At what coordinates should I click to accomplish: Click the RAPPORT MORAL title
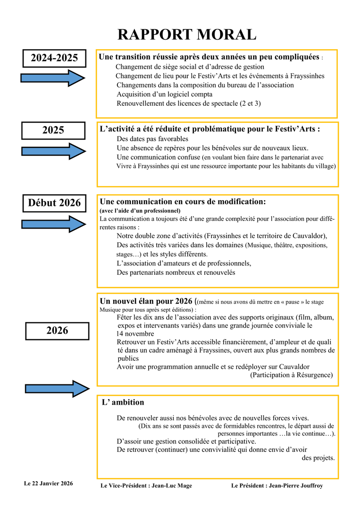(186, 34)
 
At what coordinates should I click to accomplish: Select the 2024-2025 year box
(54, 58)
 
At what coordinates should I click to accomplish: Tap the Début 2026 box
(54, 203)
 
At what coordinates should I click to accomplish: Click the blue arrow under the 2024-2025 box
(52, 78)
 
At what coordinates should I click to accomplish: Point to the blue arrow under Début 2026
(52, 223)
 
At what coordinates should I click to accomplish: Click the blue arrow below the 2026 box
(56, 388)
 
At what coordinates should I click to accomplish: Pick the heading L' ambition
(123, 402)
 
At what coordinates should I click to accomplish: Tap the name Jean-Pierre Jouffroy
(296, 485)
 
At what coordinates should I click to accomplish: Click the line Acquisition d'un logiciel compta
(165, 94)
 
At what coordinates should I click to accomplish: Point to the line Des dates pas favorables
(152, 139)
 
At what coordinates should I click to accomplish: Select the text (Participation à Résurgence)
(291, 375)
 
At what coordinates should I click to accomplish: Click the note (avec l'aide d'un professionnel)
(140, 210)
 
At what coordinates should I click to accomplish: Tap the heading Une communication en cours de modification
(183, 202)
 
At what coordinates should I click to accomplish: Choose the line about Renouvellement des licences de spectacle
(189, 103)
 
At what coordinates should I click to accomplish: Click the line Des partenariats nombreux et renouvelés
(176, 272)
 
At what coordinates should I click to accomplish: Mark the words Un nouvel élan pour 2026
(146, 301)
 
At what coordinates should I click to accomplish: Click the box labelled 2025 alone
(53, 130)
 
